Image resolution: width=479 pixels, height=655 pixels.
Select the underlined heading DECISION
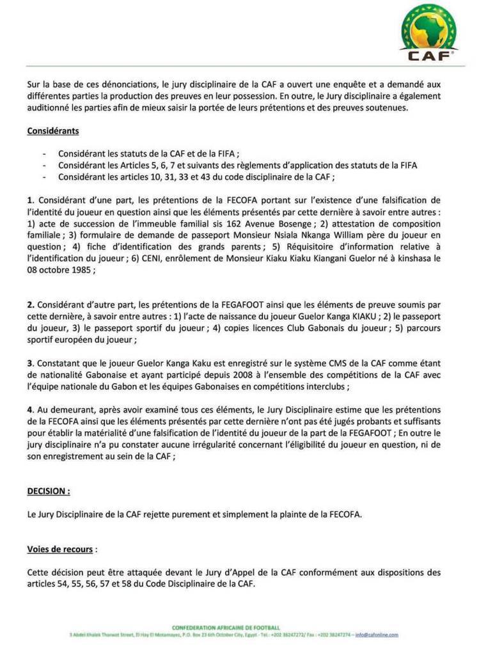click(49, 491)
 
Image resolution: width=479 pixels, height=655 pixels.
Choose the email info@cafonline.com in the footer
click(378, 635)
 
